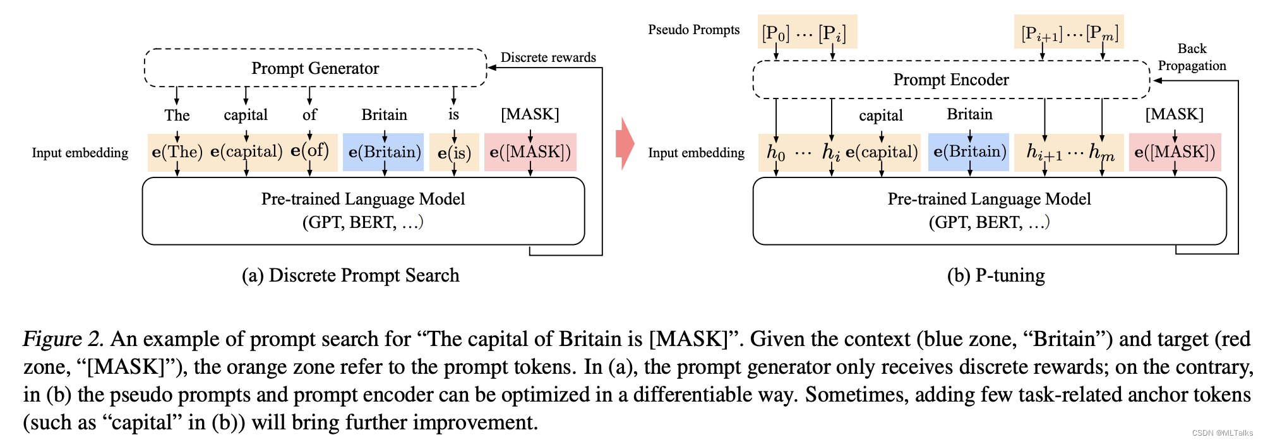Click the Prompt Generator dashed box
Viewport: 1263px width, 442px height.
pyautogui.click(x=315, y=68)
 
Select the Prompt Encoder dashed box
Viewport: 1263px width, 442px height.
pyautogui.click(x=950, y=80)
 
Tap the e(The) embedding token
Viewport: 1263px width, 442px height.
pyautogui.click(x=177, y=152)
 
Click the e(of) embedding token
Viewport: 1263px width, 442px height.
pyautogui.click(x=309, y=151)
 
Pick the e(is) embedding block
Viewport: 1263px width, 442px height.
pyautogui.click(x=454, y=153)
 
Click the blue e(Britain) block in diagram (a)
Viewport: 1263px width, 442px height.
pyautogui.click(x=383, y=152)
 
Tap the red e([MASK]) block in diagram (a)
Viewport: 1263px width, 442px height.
pyautogui.click(x=530, y=152)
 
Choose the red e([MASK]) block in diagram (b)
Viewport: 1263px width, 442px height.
pyautogui.click(x=1175, y=152)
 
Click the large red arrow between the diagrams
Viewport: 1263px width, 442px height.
pyautogui.click(x=625, y=143)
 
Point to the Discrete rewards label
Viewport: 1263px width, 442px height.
pyautogui.click(x=548, y=57)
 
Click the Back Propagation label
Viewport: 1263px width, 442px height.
pyautogui.click(x=1192, y=57)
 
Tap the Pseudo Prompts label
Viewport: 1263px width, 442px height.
pyautogui.click(x=693, y=30)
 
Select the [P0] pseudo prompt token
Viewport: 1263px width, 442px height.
pyautogui.click(x=775, y=33)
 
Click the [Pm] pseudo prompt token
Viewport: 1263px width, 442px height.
pyautogui.click(x=1102, y=33)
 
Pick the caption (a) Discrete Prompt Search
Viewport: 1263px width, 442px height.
pyautogui.click(x=350, y=275)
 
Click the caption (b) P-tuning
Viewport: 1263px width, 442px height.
pyautogui.click(x=996, y=275)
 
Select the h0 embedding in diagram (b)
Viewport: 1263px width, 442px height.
pyautogui.click(x=775, y=152)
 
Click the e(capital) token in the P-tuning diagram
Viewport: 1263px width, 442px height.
pyautogui.click(x=881, y=152)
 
